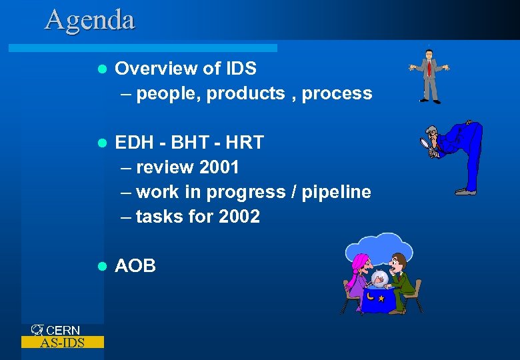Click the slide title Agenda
coord(89,19)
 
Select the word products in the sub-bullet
coord(245,94)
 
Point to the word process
coord(337,94)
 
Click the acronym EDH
coord(133,143)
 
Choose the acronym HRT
coord(245,143)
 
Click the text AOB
coord(135,266)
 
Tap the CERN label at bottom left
coord(63,330)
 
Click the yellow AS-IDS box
coord(63,343)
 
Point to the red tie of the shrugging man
coord(430,67)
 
